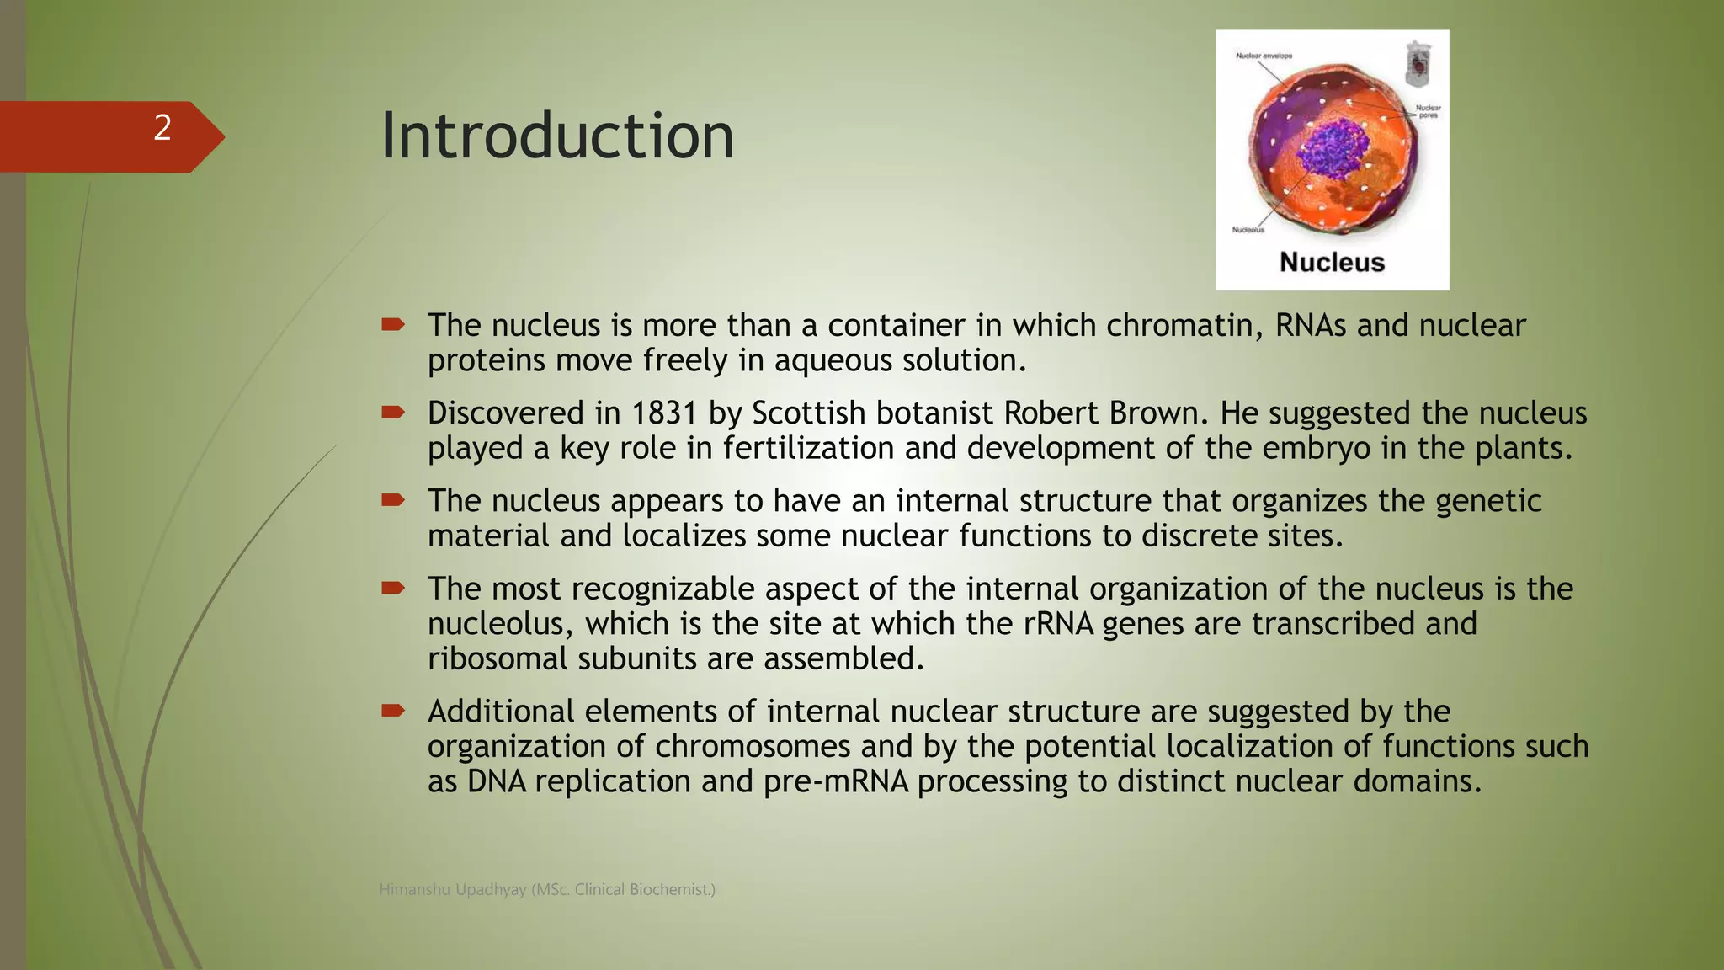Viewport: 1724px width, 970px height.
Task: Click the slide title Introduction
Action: click(557, 136)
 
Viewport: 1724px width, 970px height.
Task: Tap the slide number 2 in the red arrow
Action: click(162, 128)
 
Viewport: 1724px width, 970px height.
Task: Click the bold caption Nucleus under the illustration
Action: click(1332, 262)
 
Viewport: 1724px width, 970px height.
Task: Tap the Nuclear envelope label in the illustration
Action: click(1264, 56)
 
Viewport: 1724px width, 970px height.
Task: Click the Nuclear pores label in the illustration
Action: click(1428, 111)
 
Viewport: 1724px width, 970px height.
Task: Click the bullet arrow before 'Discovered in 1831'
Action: click(392, 412)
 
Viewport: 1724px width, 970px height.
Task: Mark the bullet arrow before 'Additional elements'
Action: click(392, 710)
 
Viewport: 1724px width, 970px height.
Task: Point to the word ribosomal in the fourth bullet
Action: click(498, 658)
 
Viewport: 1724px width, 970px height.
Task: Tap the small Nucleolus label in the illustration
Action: click(1248, 230)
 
